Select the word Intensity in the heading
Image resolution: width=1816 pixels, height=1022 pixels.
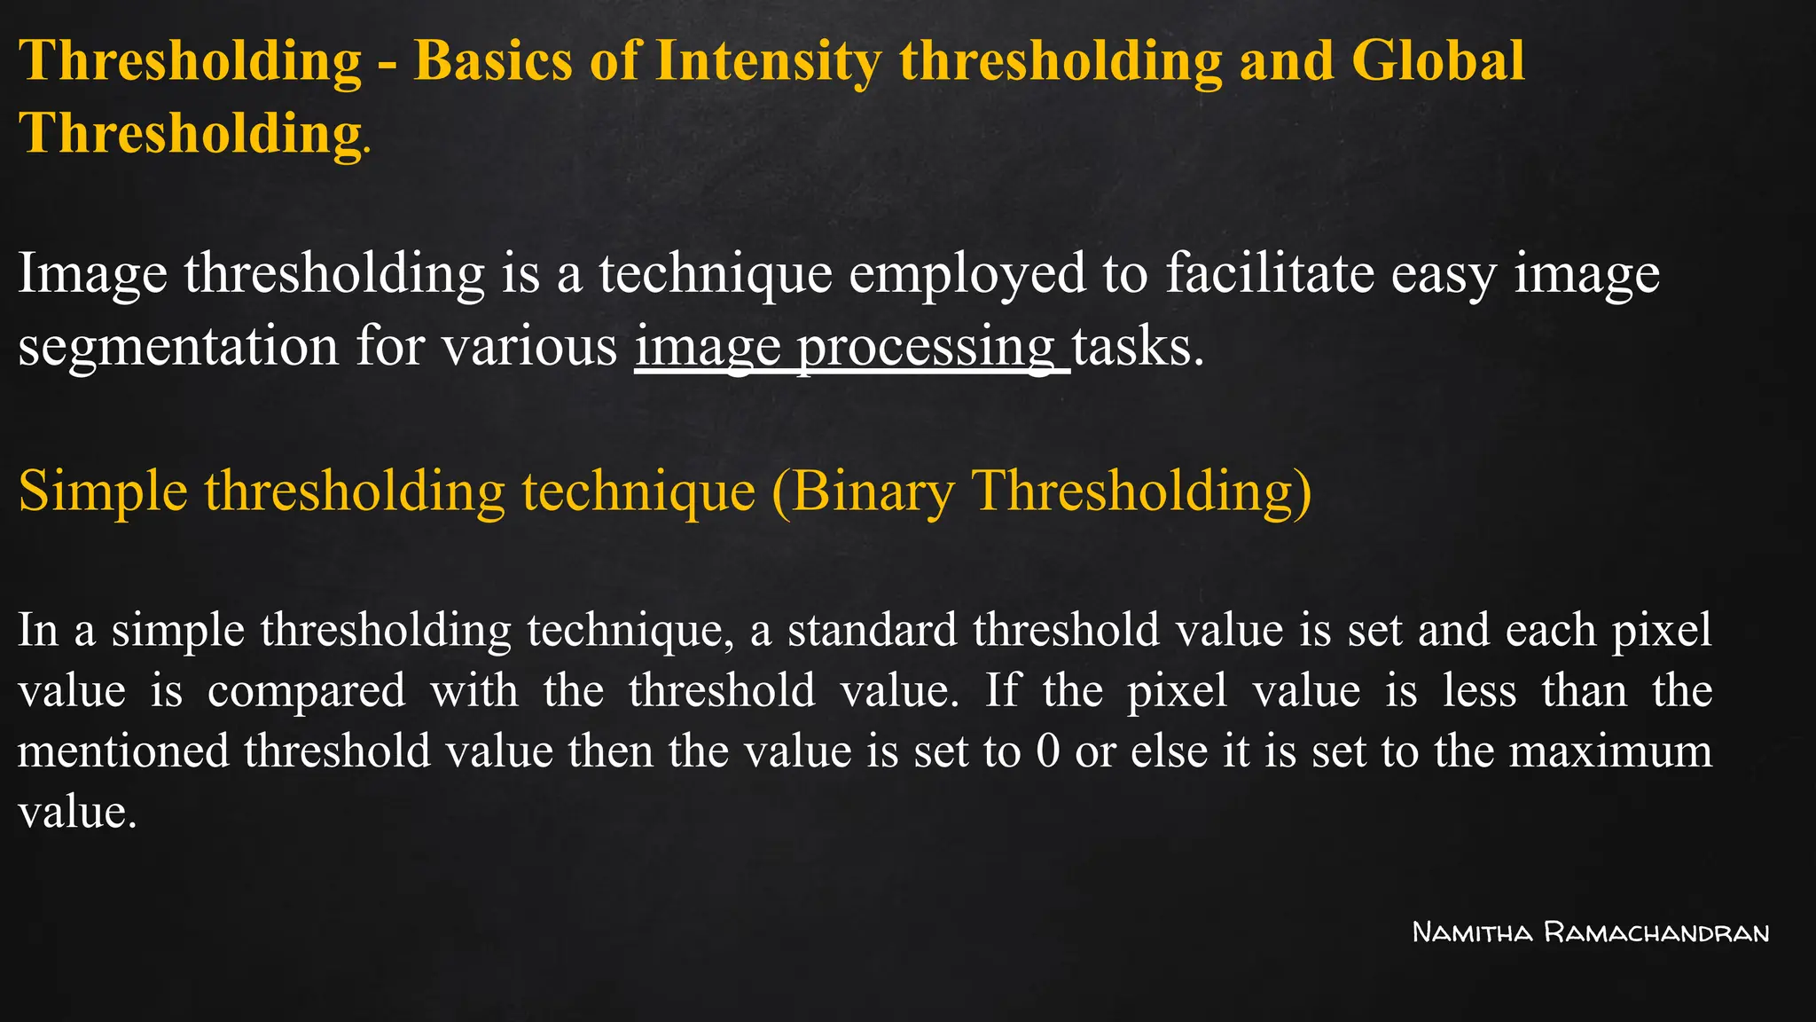coord(768,62)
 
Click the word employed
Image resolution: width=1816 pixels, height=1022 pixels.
coord(967,274)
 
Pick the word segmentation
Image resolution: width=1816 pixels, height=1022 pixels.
coord(178,346)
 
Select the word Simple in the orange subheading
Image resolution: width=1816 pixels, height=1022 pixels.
coord(103,491)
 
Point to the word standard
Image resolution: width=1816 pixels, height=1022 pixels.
coord(873,630)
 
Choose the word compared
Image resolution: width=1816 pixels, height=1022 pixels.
coord(307,691)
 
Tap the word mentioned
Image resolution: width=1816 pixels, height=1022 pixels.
coord(123,751)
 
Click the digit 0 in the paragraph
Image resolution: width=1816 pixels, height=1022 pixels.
coord(1048,751)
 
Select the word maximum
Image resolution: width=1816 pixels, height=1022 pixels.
coord(1610,751)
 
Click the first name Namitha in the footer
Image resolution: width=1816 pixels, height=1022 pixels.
coord(1472,932)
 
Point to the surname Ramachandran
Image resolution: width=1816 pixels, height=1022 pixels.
coord(1656,932)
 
